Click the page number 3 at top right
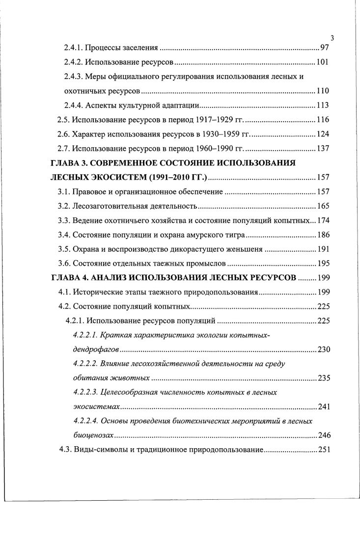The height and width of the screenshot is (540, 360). point(332,38)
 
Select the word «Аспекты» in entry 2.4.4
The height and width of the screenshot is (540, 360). point(101,106)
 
